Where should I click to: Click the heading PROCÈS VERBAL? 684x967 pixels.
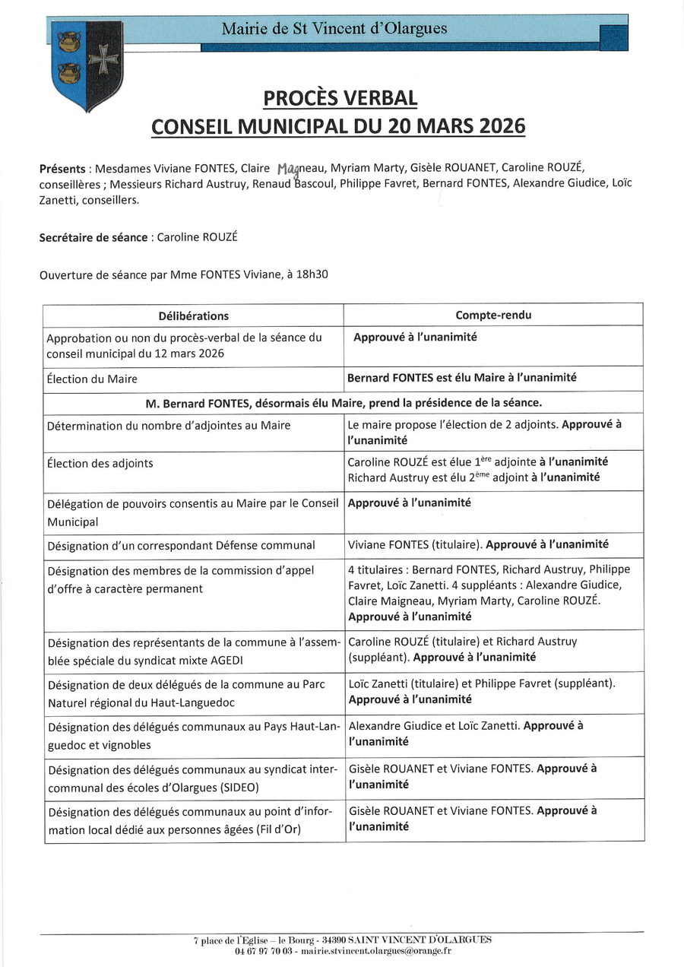pos(340,98)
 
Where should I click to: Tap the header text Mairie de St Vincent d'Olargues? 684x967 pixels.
pos(334,29)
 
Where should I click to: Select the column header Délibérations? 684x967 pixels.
pos(193,315)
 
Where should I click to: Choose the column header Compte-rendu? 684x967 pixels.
pos(493,315)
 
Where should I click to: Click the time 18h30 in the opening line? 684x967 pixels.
pos(313,274)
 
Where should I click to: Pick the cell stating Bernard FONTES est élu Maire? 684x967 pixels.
pos(461,377)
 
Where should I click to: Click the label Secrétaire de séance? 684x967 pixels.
pos(93,237)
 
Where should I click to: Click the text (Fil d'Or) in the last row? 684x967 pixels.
pos(278,829)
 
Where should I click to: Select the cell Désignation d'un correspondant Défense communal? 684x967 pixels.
pos(181,545)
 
